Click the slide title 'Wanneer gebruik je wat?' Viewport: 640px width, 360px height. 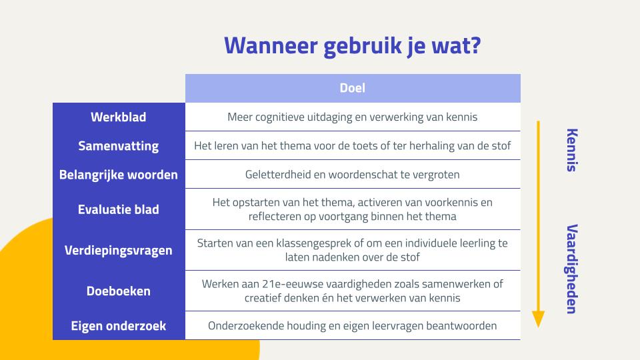click(x=353, y=46)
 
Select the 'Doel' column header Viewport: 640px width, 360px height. click(x=353, y=88)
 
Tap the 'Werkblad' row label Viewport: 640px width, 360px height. click(x=119, y=117)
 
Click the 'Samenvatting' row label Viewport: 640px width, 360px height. click(x=119, y=146)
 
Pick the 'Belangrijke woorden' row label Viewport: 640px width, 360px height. click(x=119, y=175)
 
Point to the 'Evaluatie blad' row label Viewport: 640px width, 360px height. click(x=119, y=209)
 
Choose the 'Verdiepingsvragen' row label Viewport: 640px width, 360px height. click(x=119, y=250)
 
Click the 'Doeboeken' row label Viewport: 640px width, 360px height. click(x=119, y=291)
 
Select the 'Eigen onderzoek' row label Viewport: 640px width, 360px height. click(x=119, y=326)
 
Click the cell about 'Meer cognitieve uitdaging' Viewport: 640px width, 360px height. click(x=353, y=117)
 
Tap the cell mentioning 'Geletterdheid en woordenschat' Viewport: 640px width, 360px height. click(x=353, y=175)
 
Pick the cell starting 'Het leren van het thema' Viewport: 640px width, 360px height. click(x=353, y=146)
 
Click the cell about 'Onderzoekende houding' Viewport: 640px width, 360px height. click(x=353, y=326)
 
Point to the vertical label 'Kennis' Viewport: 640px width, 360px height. click(x=572, y=150)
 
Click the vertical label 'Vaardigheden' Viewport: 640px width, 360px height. click(x=572, y=269)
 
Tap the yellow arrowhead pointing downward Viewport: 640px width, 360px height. click(x=539, y=319)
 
